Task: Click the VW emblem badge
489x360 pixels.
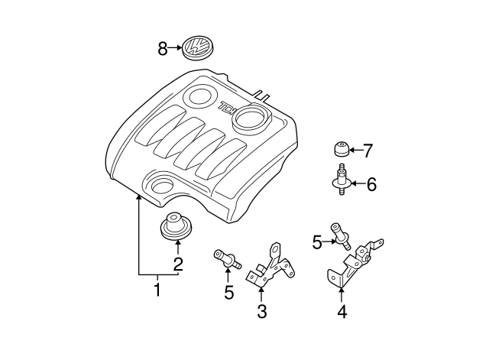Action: [197, 49]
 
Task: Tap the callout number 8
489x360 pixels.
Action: [162, 49]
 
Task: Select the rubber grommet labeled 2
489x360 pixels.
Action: [176, 228]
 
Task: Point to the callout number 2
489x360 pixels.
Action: [177, 265]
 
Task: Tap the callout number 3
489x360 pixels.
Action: [261, 311]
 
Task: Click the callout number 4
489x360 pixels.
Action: [342, 311]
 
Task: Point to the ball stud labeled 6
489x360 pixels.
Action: [339, 181]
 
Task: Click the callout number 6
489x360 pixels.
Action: [371, 184]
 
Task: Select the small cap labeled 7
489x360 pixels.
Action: [340, 148]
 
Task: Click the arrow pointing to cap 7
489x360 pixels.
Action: [355, 150]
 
